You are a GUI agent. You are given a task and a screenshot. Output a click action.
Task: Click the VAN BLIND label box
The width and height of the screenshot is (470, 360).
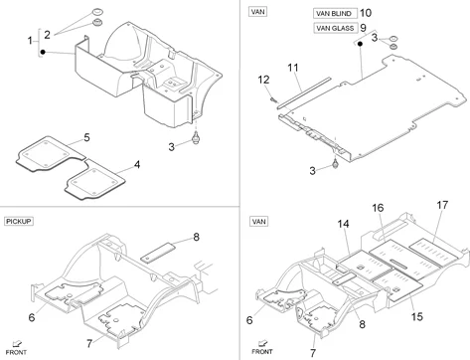tap(335, 13)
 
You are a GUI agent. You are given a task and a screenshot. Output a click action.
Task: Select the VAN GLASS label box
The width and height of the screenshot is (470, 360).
tap(335, 28)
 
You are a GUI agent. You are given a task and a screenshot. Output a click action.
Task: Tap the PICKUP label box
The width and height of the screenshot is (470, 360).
tap(19, 221)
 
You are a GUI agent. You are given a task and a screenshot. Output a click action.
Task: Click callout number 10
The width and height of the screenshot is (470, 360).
tap(366, 13)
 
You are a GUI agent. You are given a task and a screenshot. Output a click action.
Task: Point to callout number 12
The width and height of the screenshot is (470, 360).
tap(263, 80)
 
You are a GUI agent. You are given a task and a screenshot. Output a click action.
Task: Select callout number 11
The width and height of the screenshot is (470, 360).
tap(293, 68)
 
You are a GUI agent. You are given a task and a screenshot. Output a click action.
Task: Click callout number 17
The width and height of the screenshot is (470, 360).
tap(442, 205)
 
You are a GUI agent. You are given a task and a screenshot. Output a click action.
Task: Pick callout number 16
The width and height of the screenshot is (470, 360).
tap(378, 208)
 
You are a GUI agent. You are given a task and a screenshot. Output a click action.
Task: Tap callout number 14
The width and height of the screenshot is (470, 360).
tap(343, 224)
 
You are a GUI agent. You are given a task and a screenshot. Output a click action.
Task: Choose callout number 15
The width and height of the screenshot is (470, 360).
tap(417, 317)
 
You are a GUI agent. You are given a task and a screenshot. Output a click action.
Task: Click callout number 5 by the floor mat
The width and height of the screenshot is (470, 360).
tap(86, 137)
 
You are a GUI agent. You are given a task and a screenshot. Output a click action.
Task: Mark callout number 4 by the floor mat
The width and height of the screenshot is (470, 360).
tap(137, 164)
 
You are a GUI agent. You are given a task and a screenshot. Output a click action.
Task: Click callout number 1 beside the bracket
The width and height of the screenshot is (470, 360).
tap(30, 41)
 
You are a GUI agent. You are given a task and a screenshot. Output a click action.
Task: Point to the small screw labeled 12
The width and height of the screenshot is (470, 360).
tap(273, 98)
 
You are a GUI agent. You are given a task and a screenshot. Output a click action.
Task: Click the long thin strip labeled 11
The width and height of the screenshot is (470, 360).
tap(304, 92)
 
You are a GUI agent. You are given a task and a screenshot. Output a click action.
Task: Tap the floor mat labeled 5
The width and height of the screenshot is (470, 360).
tap(50, 153)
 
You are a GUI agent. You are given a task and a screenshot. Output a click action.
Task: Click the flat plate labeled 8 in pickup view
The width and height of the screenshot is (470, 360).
tap(158, 253)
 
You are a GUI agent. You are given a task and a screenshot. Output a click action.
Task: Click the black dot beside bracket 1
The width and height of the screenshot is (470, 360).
tap(43, 52)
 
